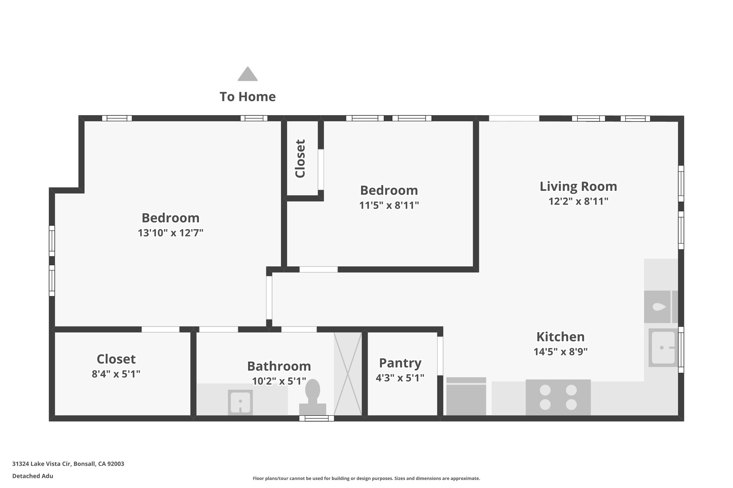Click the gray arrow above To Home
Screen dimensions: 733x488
tap(248, 74)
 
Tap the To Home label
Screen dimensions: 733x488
tap(248, 97)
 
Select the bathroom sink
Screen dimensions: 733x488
tap(240, 402)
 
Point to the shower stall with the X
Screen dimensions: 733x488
tap(348, 374)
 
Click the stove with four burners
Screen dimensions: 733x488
tap(558, 397)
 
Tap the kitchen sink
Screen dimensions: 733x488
tap(663, 347)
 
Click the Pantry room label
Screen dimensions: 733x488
tap(400, 363)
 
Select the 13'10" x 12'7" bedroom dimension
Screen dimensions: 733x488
tap(171, 233)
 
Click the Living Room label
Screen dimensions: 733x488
tap(578, 186)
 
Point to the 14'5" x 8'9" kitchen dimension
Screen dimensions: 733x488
tap(560, 352)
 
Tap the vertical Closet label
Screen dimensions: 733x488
tap(300, 158)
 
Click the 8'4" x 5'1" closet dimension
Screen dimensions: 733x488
tap(116, 374)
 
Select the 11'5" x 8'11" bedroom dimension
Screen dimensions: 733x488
tap(389, 205)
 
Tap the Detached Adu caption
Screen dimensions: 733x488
tap(33, 476)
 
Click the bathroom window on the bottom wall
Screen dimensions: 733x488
tap(317, 418)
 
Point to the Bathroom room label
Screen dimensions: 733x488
tap(279, 366)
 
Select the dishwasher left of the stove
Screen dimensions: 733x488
tap(466, 396)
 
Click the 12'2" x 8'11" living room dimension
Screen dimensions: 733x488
tap(578, 201)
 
